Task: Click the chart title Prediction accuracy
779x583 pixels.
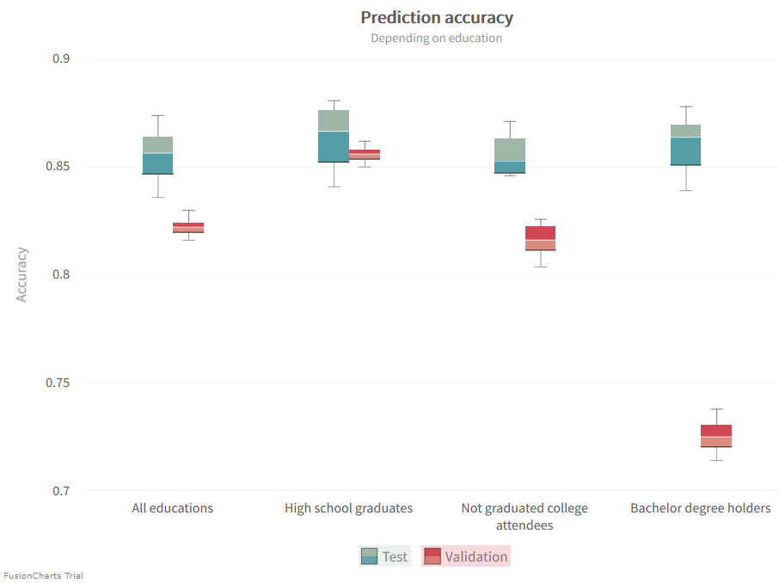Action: click(436, 17)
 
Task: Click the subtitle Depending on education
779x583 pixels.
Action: click(436, 38)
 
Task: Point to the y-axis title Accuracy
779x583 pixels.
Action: click(22, 274)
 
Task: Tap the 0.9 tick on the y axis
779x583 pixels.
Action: click(61, 59)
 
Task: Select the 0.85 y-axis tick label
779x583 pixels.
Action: click(57, 167)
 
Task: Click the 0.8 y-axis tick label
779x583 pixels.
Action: click(61, 275)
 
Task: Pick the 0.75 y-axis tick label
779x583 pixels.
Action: click(57, 383)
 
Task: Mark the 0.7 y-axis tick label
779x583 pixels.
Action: click(61, 491)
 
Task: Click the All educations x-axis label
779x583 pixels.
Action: click(172, 508)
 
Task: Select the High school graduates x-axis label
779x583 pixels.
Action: click(348, 508)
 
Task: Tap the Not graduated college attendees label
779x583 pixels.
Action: click(524, 516)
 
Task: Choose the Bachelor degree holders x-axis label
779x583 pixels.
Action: click(700, 508)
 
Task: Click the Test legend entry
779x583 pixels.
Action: click(384, 556)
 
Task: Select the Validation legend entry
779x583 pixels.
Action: click(466, 556)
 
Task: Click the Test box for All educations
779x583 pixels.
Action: click(157, 155)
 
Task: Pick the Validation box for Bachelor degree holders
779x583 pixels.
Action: click(716, 436)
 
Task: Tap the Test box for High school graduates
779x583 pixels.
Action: click(334, 136)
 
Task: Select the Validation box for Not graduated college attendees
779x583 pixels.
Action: click(540, 238)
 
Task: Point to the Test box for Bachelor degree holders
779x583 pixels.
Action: click(685, 144)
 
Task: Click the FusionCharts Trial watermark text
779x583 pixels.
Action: click(43, 575)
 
